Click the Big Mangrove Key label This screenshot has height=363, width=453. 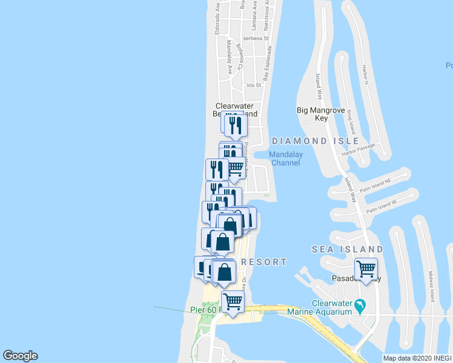(x=321, y=114)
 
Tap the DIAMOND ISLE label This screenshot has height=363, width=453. (x=311, y=141)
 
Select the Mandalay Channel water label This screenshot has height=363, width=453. (x=286, y=159)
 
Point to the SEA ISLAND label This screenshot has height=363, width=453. (x=347, y=249)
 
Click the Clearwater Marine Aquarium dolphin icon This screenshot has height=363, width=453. (x=361, y=307)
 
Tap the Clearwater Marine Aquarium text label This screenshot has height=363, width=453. (x=331, y=307)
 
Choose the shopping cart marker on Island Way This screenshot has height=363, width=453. (x=366, y=268)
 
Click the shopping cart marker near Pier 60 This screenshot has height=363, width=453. (x=233, y=301)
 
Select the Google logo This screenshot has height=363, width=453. (x=20, y=356)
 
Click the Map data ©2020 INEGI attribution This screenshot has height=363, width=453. (x=417, y=358)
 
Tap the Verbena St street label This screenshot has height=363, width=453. (x=256, y=38)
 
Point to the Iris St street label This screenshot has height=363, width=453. (x=253, y=85)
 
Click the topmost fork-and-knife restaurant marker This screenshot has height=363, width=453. (x=234, y=125)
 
